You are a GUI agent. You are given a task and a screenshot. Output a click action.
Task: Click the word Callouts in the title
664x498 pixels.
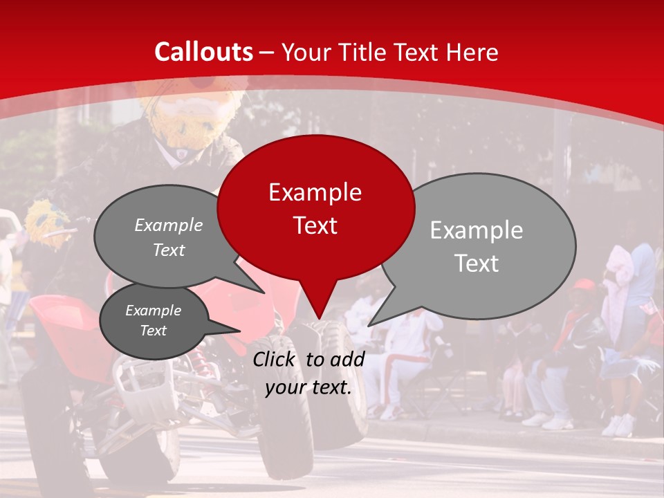pyautogui.click(x=203, y=52)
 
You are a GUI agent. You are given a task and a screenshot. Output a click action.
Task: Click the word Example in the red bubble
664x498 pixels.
pyautogui.click(x=315, y=192)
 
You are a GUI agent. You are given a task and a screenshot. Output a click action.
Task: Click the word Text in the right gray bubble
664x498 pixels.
pyautogui.click(x=477, y=264)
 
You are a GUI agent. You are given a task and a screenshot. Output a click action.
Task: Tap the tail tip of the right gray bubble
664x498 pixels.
pyautogui.click(x=371, y=324)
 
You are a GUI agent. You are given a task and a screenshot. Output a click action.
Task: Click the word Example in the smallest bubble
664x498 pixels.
pyautogui.click(x=153, y=311)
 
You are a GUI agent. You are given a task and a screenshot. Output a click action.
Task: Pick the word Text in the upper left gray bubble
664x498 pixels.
pyautogui.click(x=169, y=250)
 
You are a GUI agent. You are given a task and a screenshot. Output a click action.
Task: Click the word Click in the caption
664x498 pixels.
pyautogui.click(x=276, y=359)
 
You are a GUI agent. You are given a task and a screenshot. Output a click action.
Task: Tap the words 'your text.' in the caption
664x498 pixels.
pyautogui.click(x=308, y=387)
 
